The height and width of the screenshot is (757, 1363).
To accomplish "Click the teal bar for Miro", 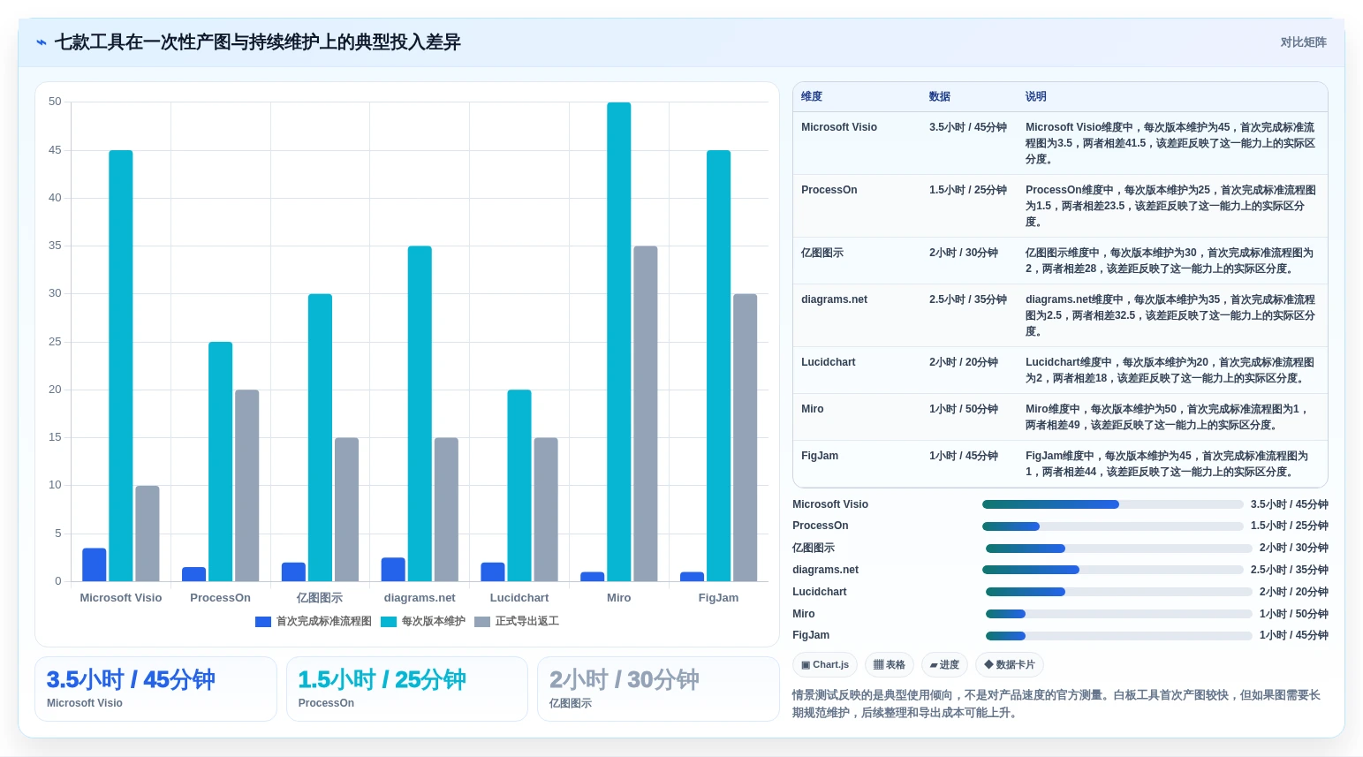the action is (x=619, y=342).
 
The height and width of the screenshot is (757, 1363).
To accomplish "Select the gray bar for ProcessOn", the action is (x=247, y=486).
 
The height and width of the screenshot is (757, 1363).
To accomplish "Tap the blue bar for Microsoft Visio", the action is (x=95, y=564).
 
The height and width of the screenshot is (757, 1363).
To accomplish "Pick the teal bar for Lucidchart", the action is (x=519, y=486).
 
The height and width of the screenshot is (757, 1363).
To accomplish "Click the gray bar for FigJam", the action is (x=746, y=437).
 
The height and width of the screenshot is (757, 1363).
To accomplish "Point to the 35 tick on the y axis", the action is (x=55, y=246).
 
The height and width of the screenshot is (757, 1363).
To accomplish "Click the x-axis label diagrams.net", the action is (x=420, y=598).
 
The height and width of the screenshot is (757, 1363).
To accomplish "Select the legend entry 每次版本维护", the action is (x=423, y=621).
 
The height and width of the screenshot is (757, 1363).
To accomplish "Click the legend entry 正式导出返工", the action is (x=517, y=621).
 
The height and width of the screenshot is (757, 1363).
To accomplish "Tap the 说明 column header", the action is (x=1035, y=96).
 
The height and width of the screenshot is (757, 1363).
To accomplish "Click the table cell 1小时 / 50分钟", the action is (x=963, y=409).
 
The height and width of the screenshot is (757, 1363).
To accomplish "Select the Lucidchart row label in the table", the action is (x=829, y=362).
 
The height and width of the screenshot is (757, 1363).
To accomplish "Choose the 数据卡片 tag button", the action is (x=1010, y=664).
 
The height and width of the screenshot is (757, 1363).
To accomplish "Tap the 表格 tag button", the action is (x=889, y=664).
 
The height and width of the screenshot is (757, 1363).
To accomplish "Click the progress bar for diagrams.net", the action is (x=1112, y=570).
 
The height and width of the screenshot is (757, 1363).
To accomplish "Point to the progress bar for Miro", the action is (x=1118, y=613).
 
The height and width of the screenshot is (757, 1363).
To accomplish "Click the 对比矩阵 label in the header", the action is (x=1303, y=42).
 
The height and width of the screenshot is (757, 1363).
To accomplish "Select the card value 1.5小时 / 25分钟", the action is (x=382, y=680).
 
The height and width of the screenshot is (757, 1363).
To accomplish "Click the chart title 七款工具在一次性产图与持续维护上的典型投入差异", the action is (x=257, y=42).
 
